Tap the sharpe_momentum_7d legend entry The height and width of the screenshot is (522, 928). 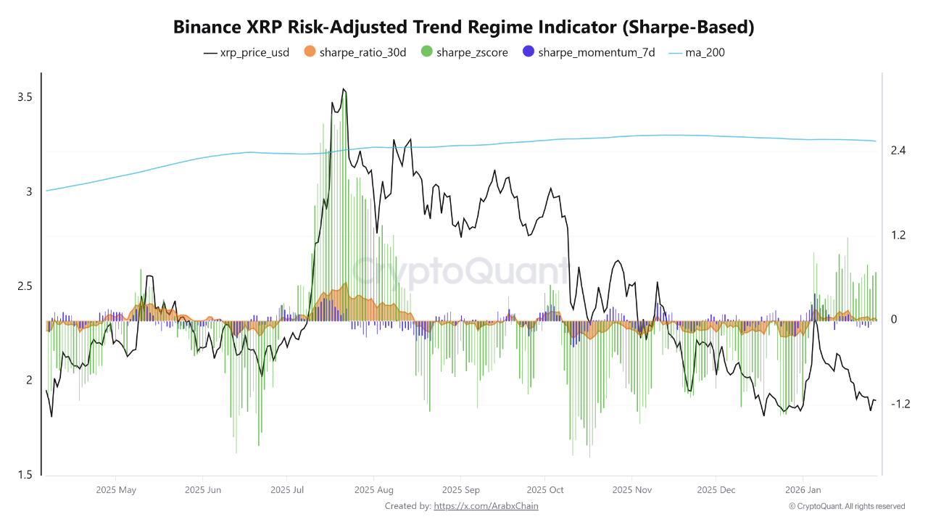click(589, 52)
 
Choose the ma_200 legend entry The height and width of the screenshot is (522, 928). click(695, 52)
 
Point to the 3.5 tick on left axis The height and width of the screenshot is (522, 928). click(25, 97)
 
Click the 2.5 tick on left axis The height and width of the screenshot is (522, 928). click(25, 286)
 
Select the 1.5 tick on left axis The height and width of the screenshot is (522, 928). click(25, 475)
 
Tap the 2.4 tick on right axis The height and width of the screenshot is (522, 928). click(899, 151)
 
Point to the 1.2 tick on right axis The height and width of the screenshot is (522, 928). click(899, 236)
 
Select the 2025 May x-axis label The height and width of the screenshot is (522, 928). click(116, 490)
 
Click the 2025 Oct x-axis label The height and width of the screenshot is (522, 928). click(545, 490)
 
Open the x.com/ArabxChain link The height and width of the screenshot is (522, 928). click(486, 506)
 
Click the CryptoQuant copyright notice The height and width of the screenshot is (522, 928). click(846, 506)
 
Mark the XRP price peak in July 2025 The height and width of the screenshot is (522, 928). click(344, 89)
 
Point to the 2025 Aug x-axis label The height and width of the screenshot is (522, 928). click(374, 490)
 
